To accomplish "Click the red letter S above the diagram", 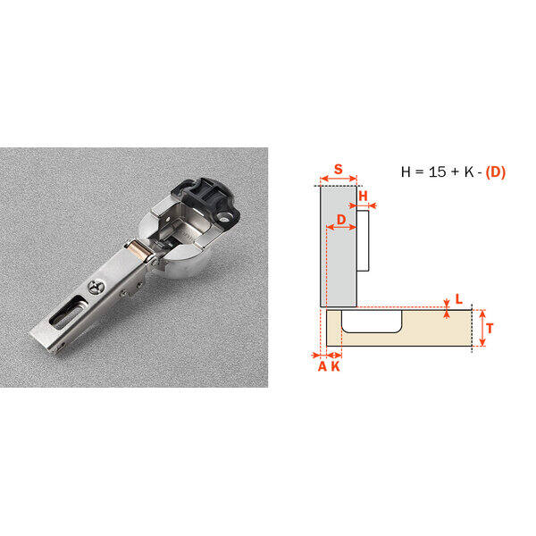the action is tap(338, 169).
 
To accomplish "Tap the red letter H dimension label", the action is tap(363, 196).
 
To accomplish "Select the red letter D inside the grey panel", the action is tap(341, 220).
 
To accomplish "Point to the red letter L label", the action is tap(459, 299).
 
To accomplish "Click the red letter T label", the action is tap(490, 329).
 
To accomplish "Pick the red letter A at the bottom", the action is tap(322, 366).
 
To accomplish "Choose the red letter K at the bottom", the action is tap(336, 366).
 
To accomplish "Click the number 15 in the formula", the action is tap(437, 172).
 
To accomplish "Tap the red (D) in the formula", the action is tap(495, 172).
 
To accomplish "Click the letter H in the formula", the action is tap(406, 172).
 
